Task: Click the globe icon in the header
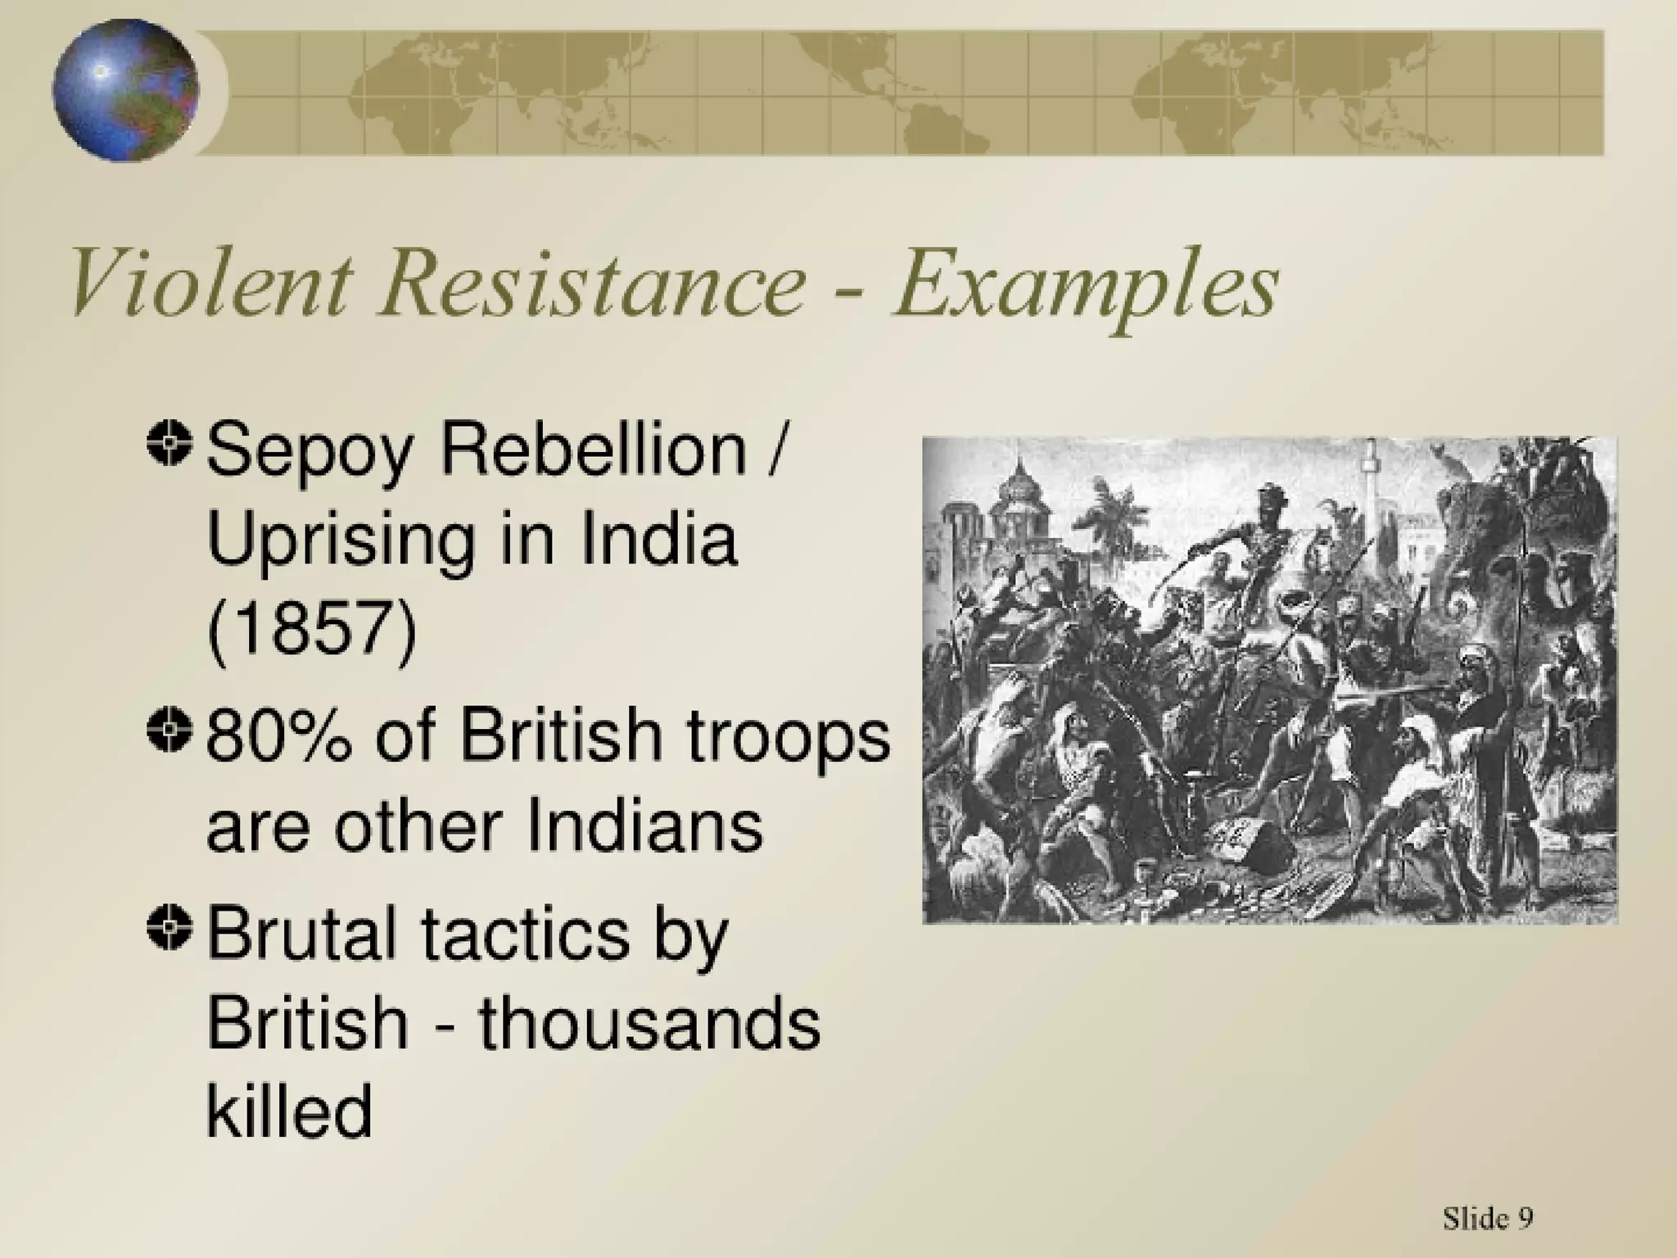point(125,90)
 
